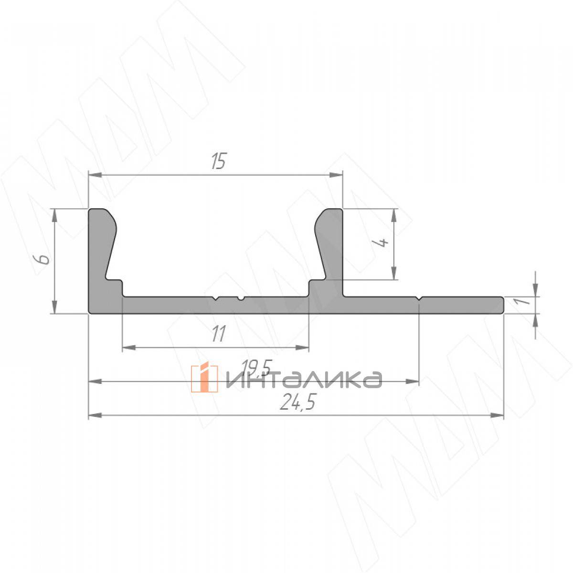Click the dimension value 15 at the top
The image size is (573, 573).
pos(219,162)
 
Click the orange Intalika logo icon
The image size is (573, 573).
pos(204,378)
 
